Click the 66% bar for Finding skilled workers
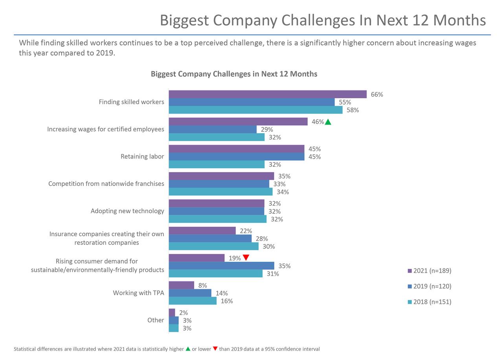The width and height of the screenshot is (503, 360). [267, 94]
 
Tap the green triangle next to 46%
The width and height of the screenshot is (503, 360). [328, 122]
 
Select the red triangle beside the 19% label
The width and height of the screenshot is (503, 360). [246, 258]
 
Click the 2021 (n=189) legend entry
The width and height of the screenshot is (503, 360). [429, 271]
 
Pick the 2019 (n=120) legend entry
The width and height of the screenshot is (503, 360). [429, 287]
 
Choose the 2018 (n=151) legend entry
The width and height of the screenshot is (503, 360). [429, 302]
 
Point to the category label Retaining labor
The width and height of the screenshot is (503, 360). [142, 156]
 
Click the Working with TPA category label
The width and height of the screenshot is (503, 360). [138, 293]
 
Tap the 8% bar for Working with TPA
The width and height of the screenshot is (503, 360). [182, 285]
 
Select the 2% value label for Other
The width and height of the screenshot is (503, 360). [184, 313]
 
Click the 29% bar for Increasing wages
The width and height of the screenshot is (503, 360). [213, 129]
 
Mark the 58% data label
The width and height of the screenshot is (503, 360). [352, 110]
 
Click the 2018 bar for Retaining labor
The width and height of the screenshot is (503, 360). [217, 164]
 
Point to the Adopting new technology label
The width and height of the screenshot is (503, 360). [127, 211]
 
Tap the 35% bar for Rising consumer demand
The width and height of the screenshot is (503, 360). [221, 266]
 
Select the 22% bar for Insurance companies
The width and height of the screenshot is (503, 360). [202, 231]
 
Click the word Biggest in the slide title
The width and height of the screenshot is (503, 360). [184, 20]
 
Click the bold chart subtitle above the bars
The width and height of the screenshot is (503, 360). [234, 74]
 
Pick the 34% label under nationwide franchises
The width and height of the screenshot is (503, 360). [283, 192]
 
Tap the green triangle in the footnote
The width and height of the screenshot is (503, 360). [188, 349]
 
